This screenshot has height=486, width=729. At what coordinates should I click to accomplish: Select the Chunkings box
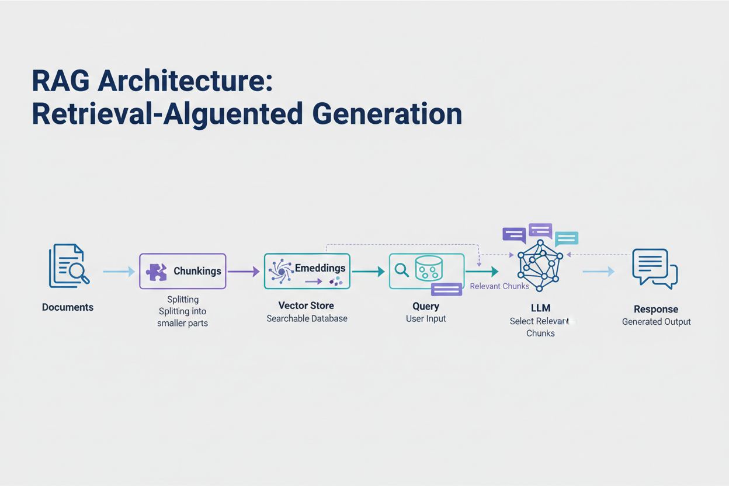[x=182, y=271]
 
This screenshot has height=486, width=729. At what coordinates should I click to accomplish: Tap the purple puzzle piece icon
[x=156, y=272]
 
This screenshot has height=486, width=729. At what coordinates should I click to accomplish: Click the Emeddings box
[x=307, y=270]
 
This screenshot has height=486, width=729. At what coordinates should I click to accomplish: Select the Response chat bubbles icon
[x=654, y=268]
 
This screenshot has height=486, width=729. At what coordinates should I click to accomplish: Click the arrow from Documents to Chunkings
[x=119, y=271]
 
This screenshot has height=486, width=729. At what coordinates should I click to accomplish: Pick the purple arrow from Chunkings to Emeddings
[x=243, y=271]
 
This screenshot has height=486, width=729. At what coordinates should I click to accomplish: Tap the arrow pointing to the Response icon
[x=598, y=271]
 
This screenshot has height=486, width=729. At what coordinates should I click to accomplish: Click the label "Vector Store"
[x=306, y=306]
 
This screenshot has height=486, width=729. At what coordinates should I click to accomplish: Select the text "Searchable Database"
[x=307, y=318]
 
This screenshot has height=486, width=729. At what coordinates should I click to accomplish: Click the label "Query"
[x=426, y=306]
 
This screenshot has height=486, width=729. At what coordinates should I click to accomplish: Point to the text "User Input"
[x=426, y=318]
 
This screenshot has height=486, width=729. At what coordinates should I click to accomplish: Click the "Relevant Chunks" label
[x=499, y=286]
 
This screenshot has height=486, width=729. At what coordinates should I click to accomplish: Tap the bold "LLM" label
[x=540, y=308]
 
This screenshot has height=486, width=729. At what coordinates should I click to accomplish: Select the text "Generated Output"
[x=656, y=321]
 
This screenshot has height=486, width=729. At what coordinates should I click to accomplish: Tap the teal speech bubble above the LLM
[x=566, y=238]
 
